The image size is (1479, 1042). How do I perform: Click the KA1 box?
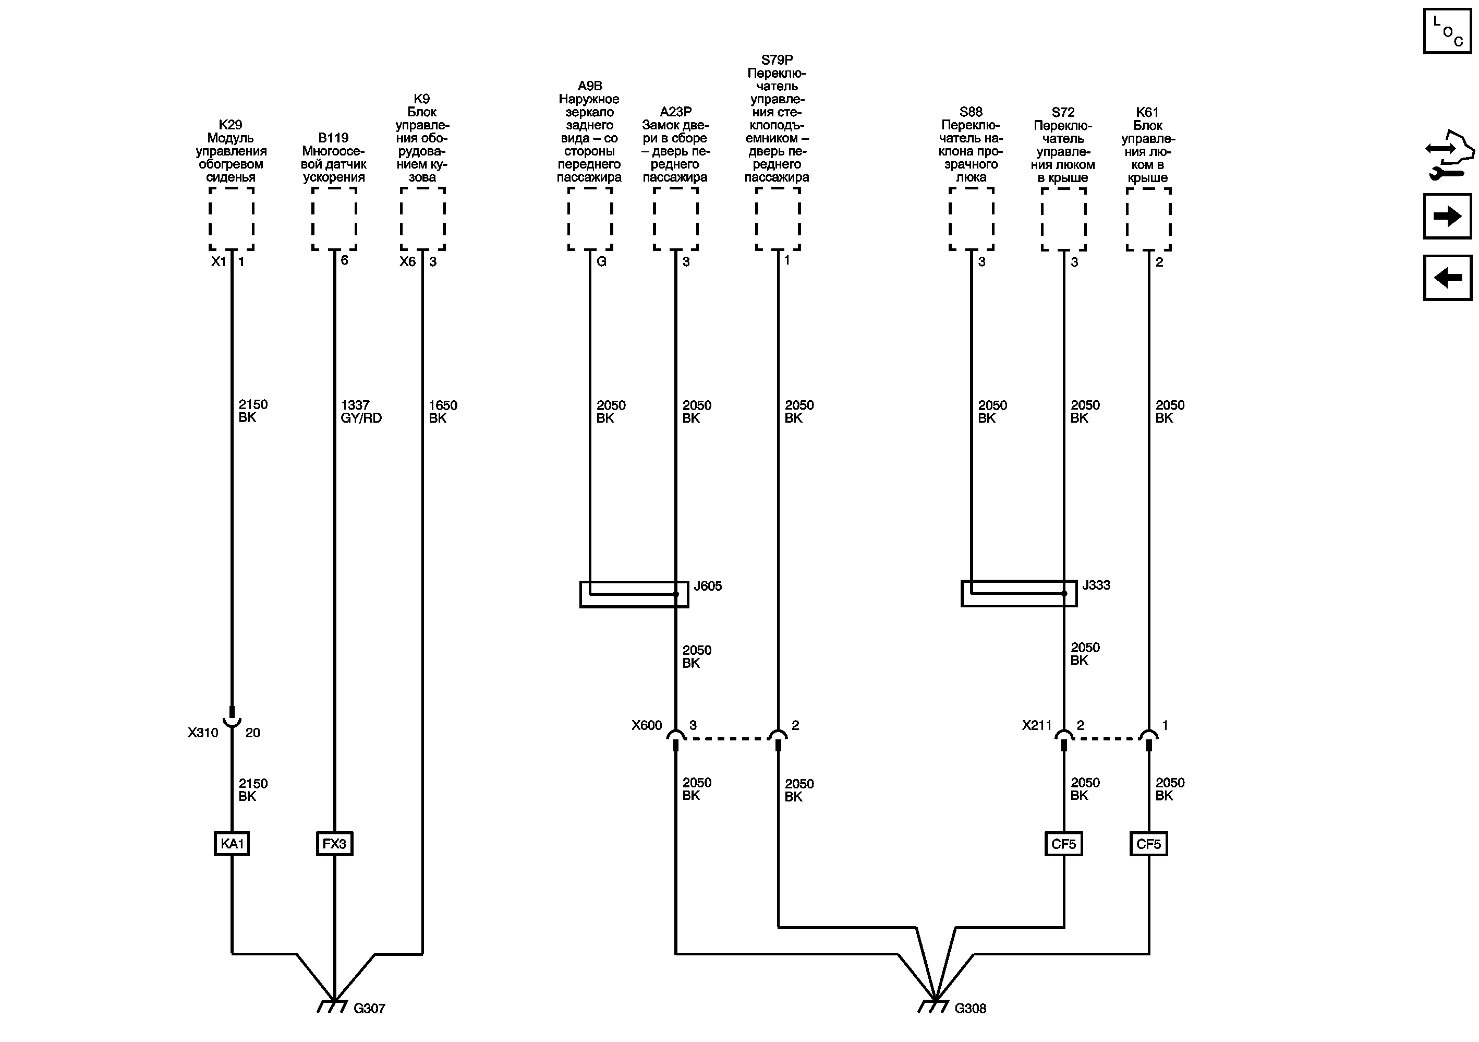point(231,844)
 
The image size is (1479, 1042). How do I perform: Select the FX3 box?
point(334,844)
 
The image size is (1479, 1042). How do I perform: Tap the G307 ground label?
point(369,1009)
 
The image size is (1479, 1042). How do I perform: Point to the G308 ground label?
point(970,1009)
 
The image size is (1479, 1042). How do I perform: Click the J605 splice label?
point(707,586)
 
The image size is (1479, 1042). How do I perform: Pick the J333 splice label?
point(1096,585)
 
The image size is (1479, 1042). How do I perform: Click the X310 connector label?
point(203,733)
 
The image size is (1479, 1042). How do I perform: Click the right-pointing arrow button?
point(1447,216)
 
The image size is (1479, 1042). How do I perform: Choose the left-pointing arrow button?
point(1447,278)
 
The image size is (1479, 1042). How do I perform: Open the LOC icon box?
point(1447,30)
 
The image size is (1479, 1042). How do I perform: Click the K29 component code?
point(231,124)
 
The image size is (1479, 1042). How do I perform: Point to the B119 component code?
point(334,138)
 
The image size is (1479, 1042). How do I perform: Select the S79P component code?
point(777,60)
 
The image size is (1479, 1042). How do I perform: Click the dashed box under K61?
point(1148,219)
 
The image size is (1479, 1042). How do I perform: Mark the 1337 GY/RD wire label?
point(361,411)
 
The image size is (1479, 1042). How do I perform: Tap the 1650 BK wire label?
point(443,411)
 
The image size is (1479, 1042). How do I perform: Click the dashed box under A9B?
point(590,219)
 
